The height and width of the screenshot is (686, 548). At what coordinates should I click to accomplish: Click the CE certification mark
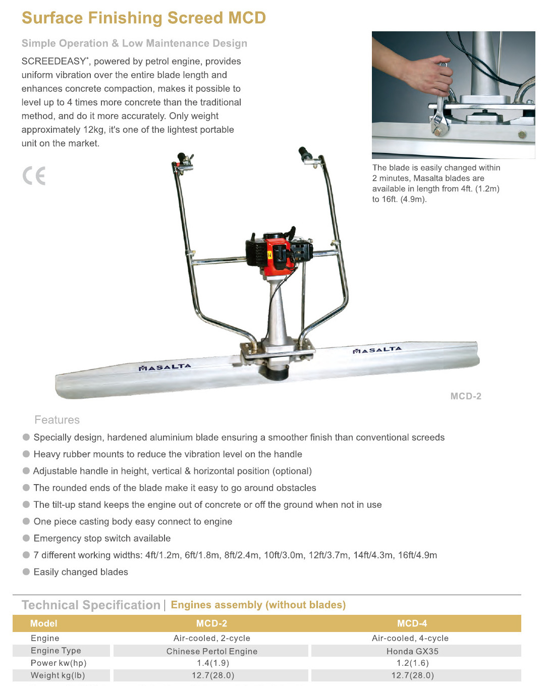coord(34,176)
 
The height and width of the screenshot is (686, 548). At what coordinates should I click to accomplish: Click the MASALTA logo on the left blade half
coord(165,367)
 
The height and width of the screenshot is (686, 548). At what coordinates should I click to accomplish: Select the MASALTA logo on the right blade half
coord(377,350)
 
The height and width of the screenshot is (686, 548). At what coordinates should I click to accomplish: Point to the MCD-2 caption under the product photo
coord(466,396)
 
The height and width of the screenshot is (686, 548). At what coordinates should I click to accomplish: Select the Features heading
coord(57,420)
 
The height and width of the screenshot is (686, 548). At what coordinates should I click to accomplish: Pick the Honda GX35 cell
coord(412,651)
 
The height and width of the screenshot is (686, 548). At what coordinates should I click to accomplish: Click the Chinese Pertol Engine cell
coord(211,651)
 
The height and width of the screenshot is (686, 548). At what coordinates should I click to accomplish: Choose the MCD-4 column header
coord(412,623)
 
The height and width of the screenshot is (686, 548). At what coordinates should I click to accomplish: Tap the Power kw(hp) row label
coord(59,663)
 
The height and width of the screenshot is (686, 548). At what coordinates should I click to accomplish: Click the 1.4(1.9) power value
coord(213,663)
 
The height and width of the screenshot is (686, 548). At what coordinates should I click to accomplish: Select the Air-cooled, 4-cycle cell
coord(410,638)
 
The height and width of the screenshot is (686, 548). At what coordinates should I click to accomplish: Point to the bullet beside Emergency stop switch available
coord(26,538)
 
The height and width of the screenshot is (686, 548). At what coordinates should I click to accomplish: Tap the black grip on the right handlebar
coord(305,153)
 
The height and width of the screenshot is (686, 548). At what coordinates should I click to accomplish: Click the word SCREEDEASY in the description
coord(54,61)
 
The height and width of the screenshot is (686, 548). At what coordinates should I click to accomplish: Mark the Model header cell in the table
coord(44,623)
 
